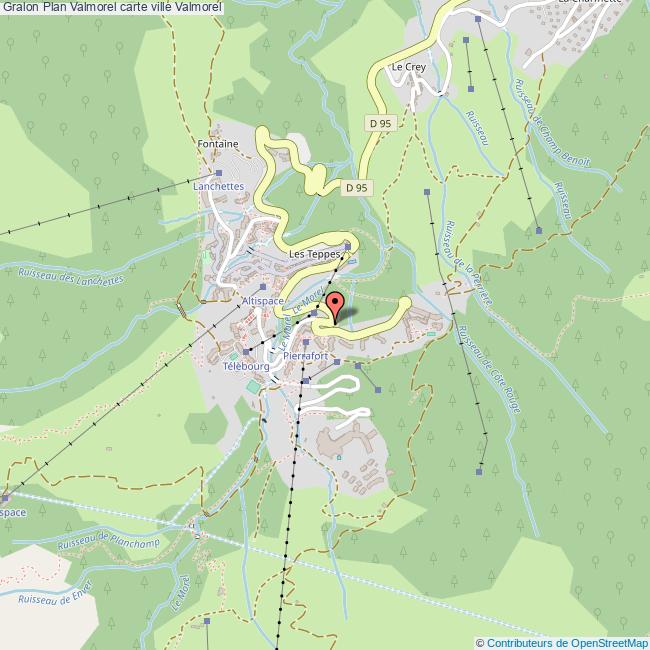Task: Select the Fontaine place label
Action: coord(218,144)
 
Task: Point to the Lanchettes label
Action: coord(219,186)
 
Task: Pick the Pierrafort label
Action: coord(305,355)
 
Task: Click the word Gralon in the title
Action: coord(20,7)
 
